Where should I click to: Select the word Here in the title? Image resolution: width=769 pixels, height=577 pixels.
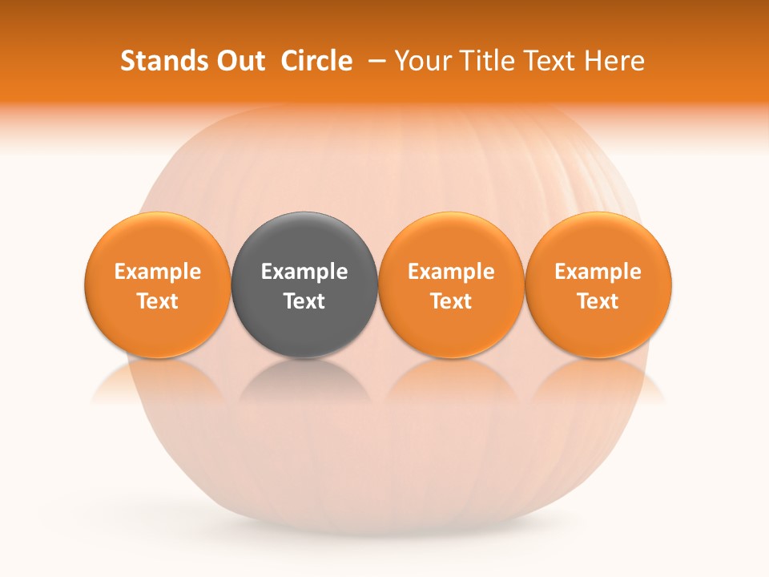tap(614, 61)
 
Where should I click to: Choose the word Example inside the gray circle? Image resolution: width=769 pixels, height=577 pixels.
tap(304, 272)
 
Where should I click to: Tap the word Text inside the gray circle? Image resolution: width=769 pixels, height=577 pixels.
tap(304, 301)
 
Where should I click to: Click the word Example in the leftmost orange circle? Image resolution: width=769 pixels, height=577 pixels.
tap(158, 272)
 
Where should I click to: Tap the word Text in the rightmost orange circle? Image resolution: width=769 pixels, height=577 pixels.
tap(598, 301)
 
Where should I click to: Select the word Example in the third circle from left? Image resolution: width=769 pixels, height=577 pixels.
tap(451, 272)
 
